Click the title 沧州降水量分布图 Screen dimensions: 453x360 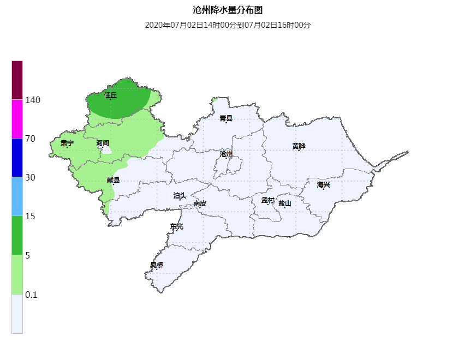click(x=228, y=10)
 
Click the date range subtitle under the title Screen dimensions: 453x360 click(x=228, y=25)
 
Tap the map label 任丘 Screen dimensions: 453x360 click(x=110, y=95)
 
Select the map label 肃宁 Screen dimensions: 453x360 click(x=67, y=143)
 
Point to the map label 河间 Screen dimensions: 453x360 click(x=103, y=143)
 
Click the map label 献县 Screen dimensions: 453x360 click(x=113, y=181)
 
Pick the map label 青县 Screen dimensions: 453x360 click(x=226, y=118)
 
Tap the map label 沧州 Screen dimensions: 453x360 click(x=226, y=154)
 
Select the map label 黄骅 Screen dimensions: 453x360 click(x=299, y=146)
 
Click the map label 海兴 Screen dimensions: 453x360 click(x=324, y=185)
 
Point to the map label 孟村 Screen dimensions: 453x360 click(x=267, y=200)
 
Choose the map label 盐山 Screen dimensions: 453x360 click(x=284, y=203)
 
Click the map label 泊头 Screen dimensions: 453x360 click(x=180, y=195)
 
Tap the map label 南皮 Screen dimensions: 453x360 click(x=200, y=203)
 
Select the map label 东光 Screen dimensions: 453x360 click(x=177, y=226)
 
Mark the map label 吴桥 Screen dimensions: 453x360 click(x=157, y=265)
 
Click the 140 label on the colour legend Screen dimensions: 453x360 click(x=33, y=100)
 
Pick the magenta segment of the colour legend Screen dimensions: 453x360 click(x=17, y=119)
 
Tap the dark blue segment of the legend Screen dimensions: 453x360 click(x=17, y=158)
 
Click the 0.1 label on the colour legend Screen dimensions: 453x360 click(x=31, y=295)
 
